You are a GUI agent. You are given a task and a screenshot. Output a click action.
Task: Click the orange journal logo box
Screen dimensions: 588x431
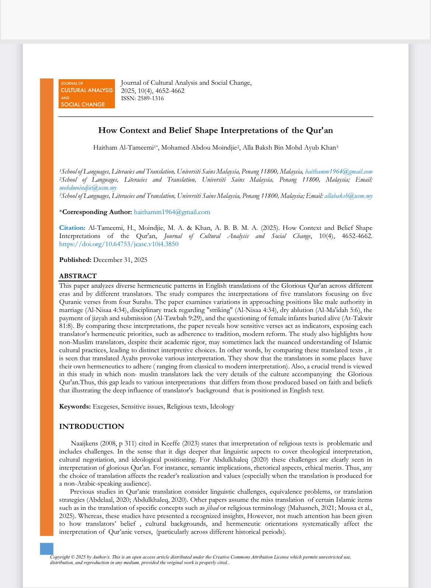point(87,94)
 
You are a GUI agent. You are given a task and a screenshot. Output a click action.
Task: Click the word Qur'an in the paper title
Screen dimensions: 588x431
point(319,130)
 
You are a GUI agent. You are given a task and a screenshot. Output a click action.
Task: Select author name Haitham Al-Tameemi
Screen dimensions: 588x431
point(123,148)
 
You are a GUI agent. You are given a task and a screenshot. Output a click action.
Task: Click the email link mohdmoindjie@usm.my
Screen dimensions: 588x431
point(88,188)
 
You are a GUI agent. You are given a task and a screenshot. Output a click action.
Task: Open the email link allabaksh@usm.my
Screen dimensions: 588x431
point(348,196)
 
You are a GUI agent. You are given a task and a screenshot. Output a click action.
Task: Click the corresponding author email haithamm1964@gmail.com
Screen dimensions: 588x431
point(172,212)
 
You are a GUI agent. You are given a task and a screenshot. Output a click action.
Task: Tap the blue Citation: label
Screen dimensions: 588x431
point(72,228)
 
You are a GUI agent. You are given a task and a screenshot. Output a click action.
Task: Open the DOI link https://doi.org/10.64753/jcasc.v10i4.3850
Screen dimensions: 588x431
point(119,244)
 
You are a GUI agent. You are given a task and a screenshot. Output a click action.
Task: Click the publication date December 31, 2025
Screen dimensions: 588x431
point(120,260)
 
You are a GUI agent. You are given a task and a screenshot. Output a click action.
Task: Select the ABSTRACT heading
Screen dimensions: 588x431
point(78,276)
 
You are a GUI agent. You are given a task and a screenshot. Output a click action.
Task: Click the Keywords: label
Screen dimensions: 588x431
point(75,407)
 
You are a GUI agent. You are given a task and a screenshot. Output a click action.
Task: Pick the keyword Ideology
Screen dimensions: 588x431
point(222,407)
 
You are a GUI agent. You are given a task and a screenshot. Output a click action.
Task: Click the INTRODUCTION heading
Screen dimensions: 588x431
point(91,427)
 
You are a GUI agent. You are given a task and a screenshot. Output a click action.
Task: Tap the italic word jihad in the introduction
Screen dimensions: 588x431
point(212,508)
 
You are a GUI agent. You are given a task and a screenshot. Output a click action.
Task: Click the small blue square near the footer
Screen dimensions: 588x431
point(46,549)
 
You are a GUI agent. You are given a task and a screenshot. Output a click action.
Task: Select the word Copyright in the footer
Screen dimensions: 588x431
point(60,557)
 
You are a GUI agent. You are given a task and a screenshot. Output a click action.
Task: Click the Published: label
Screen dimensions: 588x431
point(75,260)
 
